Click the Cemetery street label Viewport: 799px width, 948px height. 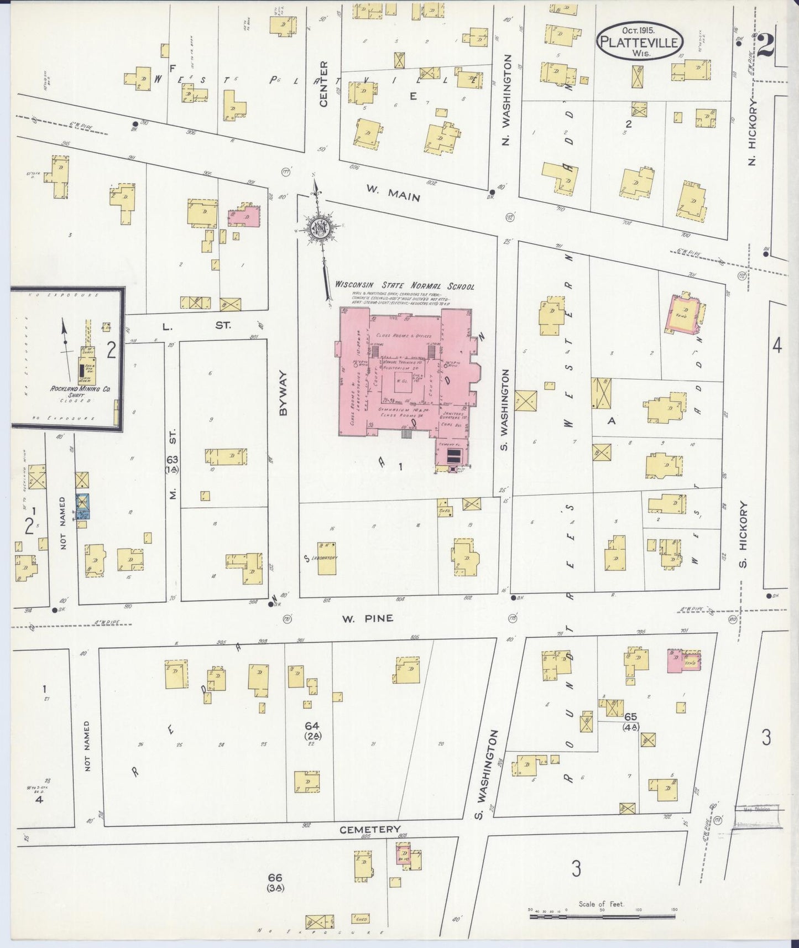coord(370,829)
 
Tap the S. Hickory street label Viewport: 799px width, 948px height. coord(743,534)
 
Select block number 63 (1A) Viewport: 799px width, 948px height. coord(172,464)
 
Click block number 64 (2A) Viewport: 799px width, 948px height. coord(313,730)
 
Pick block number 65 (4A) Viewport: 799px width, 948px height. coord(630,722)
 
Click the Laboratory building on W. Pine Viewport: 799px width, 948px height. coord(326,558)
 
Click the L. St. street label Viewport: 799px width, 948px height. coord(193,326)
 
